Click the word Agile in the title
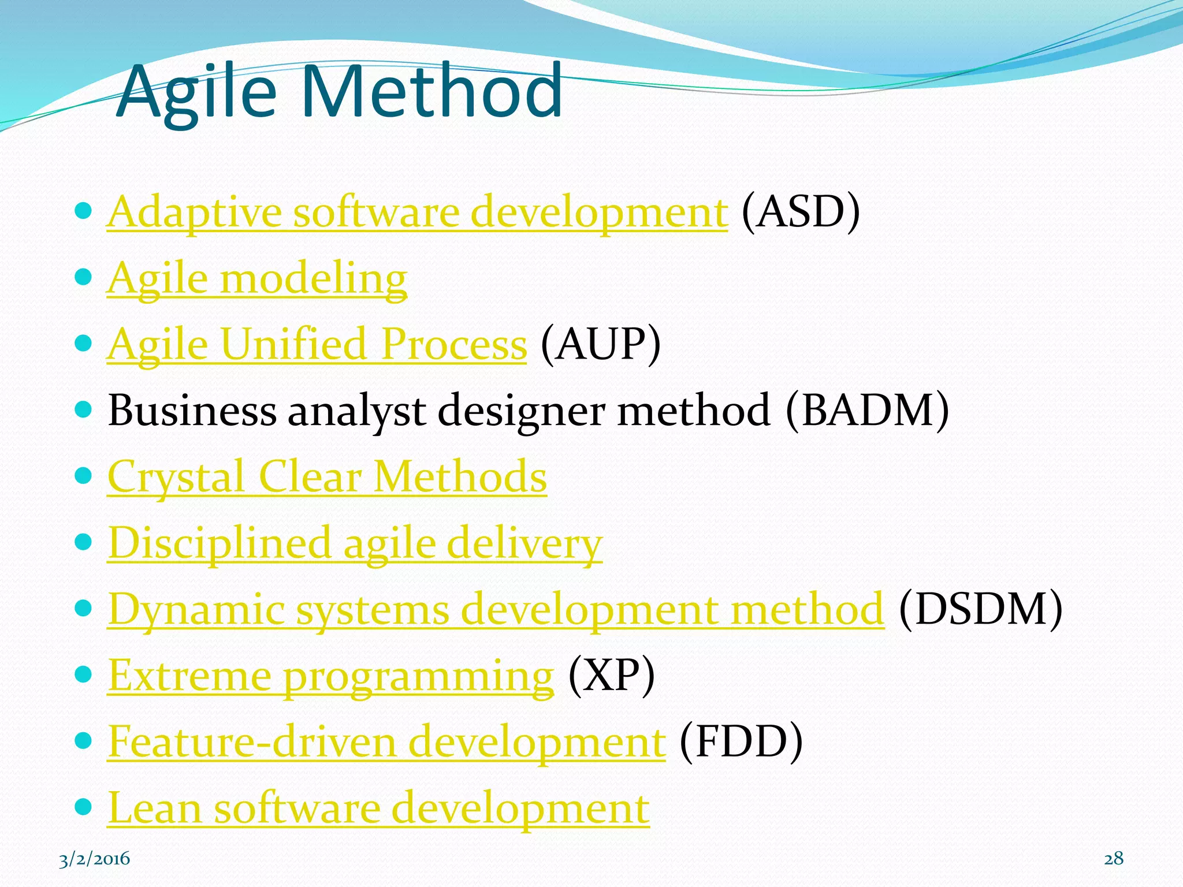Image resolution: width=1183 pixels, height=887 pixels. [196, 92]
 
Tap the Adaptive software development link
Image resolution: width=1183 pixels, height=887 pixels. [416, 213]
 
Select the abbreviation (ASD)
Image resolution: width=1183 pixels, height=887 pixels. [801, 213]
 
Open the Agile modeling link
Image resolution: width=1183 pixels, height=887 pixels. [257, 279]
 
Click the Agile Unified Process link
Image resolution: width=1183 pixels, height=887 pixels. [317, 345]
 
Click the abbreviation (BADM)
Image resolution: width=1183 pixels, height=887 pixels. [867, 411]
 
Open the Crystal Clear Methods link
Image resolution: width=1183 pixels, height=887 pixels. [327, 477]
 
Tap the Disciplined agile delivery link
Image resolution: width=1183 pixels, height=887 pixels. [355, 543]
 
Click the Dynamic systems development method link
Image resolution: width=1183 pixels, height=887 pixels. [496, 609]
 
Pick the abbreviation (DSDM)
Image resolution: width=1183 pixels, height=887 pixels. [980, 609]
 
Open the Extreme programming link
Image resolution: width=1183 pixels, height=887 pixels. [330, 676]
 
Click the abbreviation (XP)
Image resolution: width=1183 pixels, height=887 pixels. [611, 676]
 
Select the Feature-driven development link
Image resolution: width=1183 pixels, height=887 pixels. [386, 742]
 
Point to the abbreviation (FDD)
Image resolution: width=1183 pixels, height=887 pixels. [741, 742]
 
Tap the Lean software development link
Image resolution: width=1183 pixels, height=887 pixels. [378, 808]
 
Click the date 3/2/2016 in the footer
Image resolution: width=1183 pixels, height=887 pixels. [95, 859]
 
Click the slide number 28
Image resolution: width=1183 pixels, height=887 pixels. [1114, 859]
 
